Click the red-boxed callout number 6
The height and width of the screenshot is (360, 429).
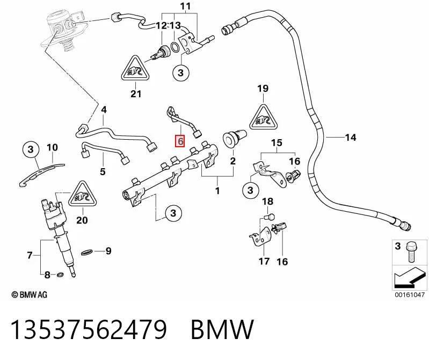pos(180,141)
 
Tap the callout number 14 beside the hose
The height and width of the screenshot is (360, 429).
pos(351,137)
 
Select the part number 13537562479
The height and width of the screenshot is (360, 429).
pos(89,329)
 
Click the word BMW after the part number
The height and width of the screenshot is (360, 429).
pos(222,329)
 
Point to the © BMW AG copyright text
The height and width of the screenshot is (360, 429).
pos(30,294)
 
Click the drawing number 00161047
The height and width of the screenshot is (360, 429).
pos(409,294)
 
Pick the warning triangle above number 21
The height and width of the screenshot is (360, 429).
pos(135,68)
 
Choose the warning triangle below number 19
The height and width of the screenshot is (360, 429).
pos(263,117)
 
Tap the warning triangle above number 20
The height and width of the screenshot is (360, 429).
pos(82,194)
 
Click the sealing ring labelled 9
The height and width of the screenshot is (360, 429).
pos(87,252)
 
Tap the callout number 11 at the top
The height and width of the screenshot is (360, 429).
pos(185,6)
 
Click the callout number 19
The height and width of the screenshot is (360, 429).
pos(263,89)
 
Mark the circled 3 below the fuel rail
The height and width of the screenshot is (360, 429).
pos(173,213)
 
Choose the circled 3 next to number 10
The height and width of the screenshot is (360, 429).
pos(31,149)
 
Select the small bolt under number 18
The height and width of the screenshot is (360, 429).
pos(270,217)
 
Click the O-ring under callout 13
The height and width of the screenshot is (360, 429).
pos(174,47)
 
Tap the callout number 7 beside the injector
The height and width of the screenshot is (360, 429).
pos(30,255)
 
